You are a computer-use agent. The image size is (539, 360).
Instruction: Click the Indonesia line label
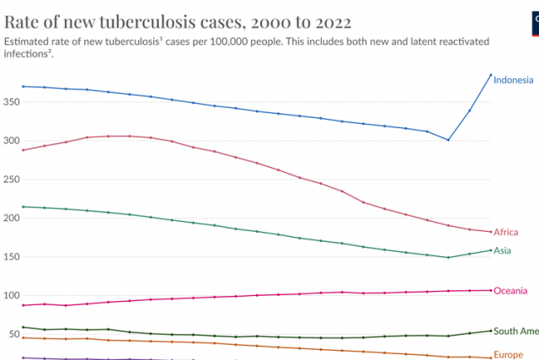[513, 81]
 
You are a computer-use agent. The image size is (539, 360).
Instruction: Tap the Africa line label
[506, 233]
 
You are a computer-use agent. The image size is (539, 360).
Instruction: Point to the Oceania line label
[510, 291]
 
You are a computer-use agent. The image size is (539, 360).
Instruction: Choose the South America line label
[515, 331]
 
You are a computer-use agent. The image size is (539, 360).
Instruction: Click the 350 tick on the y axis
[11, 101]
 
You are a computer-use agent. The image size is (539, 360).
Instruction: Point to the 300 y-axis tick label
[11, 140]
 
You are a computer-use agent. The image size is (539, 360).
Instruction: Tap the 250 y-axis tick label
[11, 179]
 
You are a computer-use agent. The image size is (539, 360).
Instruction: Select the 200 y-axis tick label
[11, 218]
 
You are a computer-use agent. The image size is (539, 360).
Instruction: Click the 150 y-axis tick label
[11, 256]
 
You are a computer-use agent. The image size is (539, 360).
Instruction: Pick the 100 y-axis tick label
[11, 295]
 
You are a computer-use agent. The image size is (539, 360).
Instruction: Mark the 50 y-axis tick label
[13, 334]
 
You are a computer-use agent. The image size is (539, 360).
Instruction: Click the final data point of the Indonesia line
[490, 75]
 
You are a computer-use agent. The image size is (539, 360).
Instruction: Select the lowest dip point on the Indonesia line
[448, 140]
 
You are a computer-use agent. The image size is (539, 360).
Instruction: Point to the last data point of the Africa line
[490, 232]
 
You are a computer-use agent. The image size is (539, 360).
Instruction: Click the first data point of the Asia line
[23, 207]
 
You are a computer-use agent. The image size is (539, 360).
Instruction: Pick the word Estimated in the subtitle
[29, 40]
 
